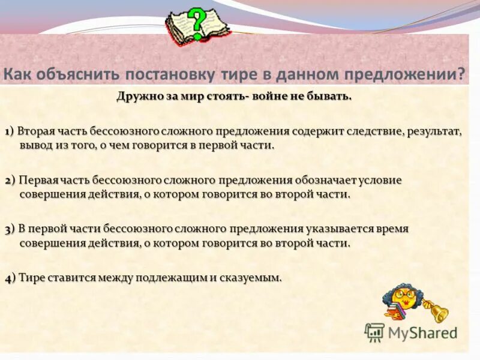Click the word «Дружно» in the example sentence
coord(136,97)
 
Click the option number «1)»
coord(10,132)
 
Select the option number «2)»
coord(10,181)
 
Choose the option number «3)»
coord(10,229)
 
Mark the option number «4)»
coord(10,278)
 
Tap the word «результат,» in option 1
coord(434,131)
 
